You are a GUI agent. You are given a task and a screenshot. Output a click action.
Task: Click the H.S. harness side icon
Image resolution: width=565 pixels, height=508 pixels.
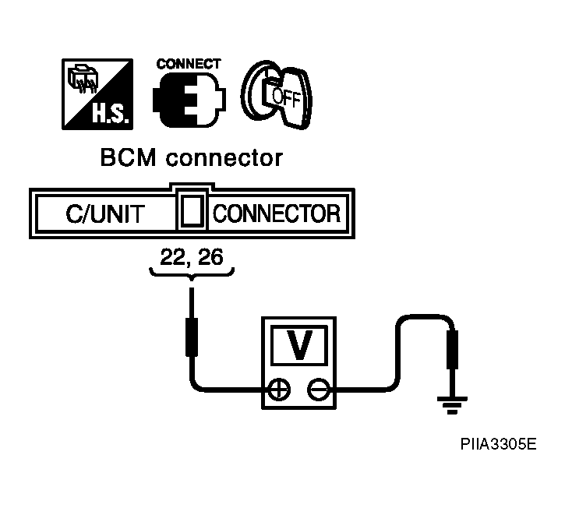[97, 94]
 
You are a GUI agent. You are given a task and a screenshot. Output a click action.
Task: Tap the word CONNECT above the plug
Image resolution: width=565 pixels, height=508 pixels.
[189, 64]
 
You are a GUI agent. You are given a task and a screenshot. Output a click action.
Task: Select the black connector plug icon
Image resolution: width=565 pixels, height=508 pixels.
[189, 100]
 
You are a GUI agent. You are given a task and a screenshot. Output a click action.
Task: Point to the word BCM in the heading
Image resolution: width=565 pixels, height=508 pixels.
[129, 158]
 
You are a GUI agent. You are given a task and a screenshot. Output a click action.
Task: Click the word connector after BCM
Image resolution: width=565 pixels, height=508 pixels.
[224, 158]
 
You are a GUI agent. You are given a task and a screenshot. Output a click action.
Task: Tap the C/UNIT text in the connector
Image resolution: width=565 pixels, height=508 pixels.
[105, 213]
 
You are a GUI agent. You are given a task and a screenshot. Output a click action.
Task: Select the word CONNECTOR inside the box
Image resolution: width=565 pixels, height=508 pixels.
[277, 213]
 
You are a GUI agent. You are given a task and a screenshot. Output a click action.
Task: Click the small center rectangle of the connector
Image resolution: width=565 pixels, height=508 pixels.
[192, 211]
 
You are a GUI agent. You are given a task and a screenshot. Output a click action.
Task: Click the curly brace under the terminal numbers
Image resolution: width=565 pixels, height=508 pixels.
[192, 273]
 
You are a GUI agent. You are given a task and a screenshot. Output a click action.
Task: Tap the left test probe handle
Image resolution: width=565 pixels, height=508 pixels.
[192, 337]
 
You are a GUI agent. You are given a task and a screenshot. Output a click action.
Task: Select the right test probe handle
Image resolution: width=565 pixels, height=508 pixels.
[452, 350]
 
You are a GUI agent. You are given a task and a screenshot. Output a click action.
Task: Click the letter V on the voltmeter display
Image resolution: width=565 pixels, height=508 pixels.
[299, 345]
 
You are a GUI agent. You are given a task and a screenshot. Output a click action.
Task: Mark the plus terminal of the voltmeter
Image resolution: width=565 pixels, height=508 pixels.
[280, 390]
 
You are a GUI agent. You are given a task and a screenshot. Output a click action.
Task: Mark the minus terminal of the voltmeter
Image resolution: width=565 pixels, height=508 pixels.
[319, 390]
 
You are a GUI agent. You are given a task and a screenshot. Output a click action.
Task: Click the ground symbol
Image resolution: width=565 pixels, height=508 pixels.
[452, 405]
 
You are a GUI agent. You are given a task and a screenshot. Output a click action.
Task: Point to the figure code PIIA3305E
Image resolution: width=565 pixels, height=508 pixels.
[498, 444]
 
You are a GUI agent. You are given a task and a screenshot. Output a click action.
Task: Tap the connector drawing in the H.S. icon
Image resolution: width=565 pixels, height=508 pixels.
[83, 79]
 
